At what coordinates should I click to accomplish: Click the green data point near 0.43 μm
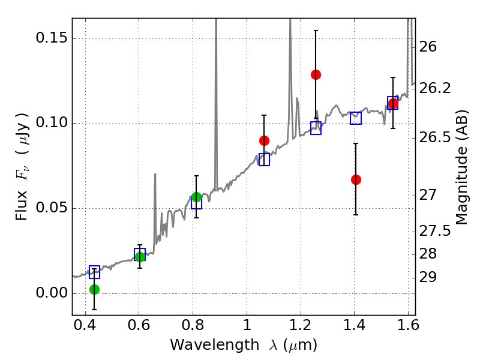[94, 289]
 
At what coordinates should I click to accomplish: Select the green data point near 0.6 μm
[140, 257]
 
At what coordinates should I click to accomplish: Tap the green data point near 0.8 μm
[196, 197]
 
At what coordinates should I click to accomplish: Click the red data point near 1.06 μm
[264, 140]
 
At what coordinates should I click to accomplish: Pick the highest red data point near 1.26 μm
[316, 74]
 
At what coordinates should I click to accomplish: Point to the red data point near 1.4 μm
[356, 179]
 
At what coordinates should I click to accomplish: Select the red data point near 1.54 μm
[393, 104]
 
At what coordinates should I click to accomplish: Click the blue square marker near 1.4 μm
[356, 118]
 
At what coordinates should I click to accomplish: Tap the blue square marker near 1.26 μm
[316, 128]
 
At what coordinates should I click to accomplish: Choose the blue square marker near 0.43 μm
[94, 272]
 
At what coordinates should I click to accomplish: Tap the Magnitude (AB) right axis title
[461, 167]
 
